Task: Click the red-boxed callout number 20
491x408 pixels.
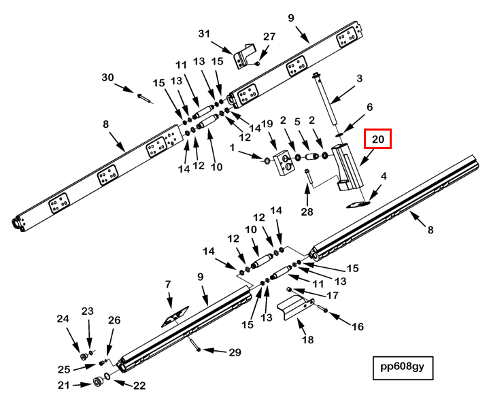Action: point(378,140)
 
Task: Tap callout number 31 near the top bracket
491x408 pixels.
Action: point(205,33)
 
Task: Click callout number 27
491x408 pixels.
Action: point(269,37)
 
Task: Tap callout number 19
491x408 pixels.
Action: point(267,124)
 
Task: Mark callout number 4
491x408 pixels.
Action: point(384,177)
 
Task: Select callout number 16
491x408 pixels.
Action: point(357,326)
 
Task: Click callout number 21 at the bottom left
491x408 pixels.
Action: point(63,386)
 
